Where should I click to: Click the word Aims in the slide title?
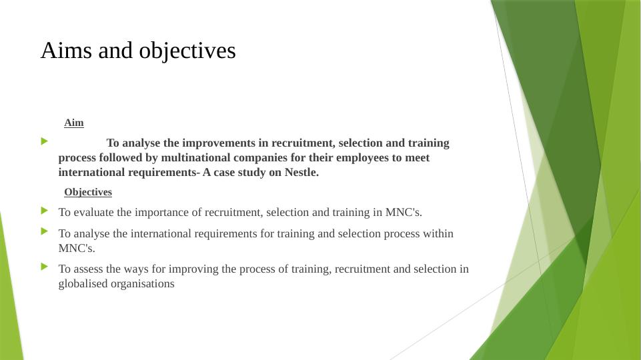(66, 51)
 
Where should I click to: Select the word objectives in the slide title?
(187, 51)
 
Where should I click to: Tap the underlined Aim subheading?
(74, 123)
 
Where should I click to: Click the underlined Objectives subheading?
(88, 192)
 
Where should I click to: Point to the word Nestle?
(301, 173)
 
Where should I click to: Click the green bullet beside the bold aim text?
(45, 141)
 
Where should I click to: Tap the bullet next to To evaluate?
(45, 211)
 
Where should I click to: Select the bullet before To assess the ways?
(45, 267)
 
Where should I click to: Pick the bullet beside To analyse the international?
(45, 231)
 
